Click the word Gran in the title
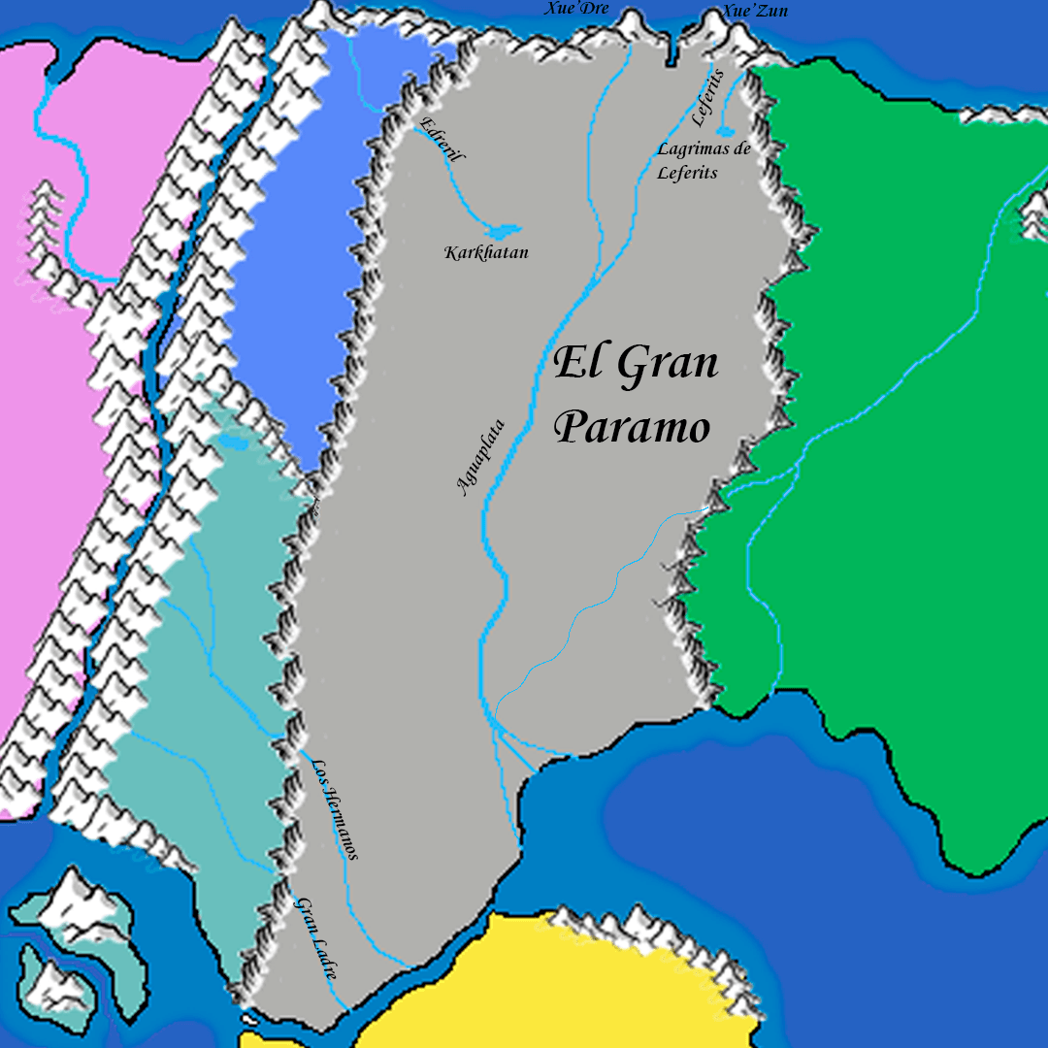[x=667, y=365]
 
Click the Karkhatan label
[x=486, y=253]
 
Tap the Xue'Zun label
[x=754, y=12]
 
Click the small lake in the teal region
[x=232, y=442]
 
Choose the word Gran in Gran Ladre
[x=304, y=916]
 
